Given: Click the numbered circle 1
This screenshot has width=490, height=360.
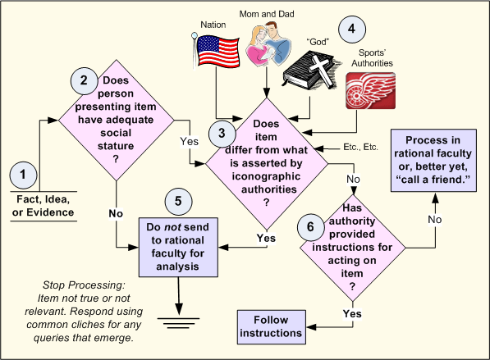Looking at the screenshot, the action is [x=24, y=175].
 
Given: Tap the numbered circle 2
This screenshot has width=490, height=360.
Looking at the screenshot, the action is [x=85, y=81].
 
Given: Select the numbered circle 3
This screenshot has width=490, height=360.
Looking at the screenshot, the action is [x=222, y=134].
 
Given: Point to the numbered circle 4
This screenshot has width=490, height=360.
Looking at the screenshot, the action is [x=352, y=29].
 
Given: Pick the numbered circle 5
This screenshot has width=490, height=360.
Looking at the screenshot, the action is [x=178, y=202].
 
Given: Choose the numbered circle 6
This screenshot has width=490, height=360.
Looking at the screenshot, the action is [x=310, y=227].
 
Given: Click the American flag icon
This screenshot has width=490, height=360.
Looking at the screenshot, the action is [x=216, y=51].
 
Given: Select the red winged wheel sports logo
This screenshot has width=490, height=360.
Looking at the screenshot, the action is [x=371, y=91].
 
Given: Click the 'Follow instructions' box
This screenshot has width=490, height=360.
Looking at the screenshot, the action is [x=271, y=327].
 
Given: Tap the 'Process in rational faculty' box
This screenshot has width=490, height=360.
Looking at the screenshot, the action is [x=433, y=160].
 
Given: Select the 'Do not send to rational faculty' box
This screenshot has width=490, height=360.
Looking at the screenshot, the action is [x=178, y=247].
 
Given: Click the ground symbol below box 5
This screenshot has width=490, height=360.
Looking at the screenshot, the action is [x=178, y=323].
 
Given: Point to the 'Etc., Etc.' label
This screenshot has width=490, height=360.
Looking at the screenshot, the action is [x=360, y=147].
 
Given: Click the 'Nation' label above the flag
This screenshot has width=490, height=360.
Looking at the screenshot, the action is [x=213, y=25].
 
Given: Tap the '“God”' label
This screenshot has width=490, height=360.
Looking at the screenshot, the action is [x=318, y=42].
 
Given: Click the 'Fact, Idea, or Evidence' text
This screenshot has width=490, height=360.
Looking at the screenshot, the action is [x=44, y=206].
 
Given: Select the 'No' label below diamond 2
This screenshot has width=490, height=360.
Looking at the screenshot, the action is [x=116, y=213].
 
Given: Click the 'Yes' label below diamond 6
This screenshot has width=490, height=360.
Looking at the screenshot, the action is [x=352, y=313].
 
